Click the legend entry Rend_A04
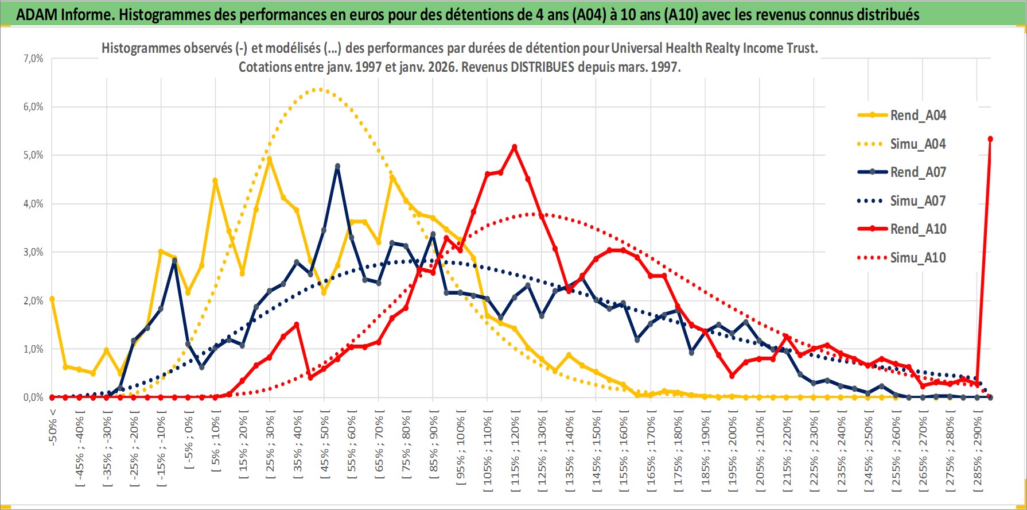(917, 115)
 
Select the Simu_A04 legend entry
(917, 144)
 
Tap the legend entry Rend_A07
(917, 172)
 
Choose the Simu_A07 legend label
(917, 201)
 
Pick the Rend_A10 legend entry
(917, 229)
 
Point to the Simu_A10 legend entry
(917, 258)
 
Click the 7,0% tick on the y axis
(33, 59)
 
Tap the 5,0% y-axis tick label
(33, 155)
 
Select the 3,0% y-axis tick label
(33, 252)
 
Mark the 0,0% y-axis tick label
(33, 397)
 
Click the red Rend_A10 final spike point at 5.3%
(990, 139)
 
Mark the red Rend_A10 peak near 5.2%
(514, 147)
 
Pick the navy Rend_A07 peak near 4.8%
(337, 166)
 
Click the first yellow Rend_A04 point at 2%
(52, 299)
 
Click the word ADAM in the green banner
(37, 14)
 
